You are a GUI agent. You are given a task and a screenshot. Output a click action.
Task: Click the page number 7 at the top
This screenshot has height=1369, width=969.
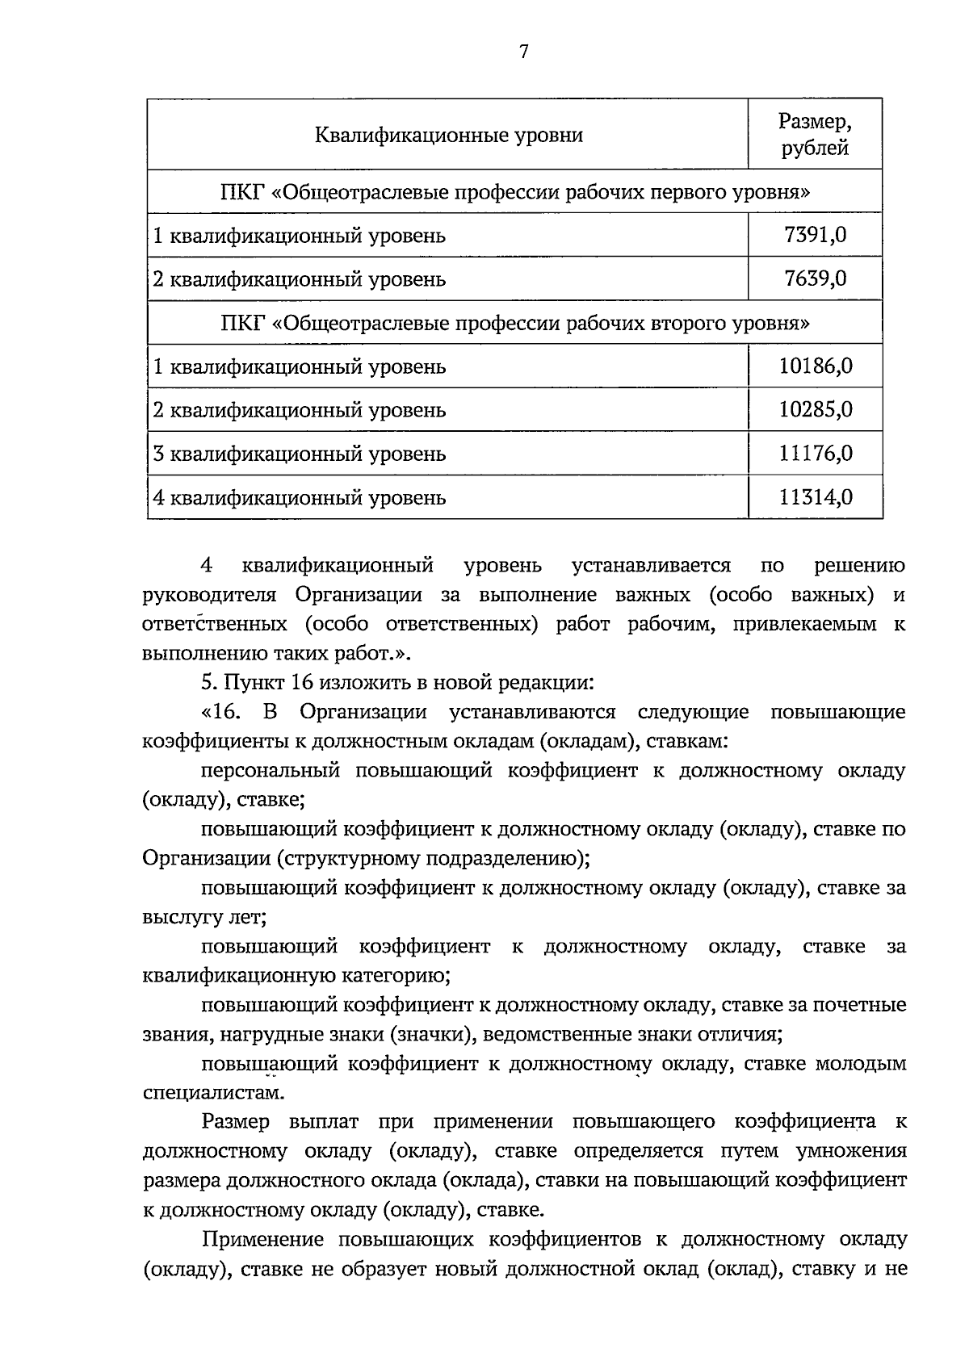pyautogui.click(x=523, y=52)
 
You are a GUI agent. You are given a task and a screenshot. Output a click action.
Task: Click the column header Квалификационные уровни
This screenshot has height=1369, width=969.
pyautogui.click(x=448, y=135)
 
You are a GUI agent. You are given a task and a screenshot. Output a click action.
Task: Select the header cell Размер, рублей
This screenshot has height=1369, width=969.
pyautogui.click(x=815, y=135)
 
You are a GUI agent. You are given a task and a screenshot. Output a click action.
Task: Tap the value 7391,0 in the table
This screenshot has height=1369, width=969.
pyautogui.click(x=815, y=236)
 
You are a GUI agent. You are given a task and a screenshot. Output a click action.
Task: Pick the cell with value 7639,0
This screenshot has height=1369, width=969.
pyautogui.click(x=815, y=279)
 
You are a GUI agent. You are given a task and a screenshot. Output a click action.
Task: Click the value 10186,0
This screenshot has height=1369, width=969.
pyautogui.click(x=815, y=367)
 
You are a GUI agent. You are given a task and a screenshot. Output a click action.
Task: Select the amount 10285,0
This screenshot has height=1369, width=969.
pyautogui.click(x=815, y=410)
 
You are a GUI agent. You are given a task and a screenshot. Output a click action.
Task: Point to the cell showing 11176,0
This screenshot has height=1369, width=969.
pyautogui.click(x=815, y=454)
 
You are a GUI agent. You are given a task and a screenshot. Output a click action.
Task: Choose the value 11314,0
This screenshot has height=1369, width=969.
pyautogui.click(x=815, y=497)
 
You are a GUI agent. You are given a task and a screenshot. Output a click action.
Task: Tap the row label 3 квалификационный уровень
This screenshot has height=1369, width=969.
pyautogui.click(x=300, y=454)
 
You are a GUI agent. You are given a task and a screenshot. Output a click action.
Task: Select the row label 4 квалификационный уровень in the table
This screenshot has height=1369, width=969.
pyautogui.click(x=300, y=498)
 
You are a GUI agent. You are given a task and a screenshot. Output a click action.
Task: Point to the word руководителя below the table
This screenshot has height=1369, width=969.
pyautogui.click(x=209, y=596)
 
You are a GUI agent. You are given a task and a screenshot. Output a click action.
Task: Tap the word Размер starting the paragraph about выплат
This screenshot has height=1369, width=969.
pyautogui.click(x=236, y=1122)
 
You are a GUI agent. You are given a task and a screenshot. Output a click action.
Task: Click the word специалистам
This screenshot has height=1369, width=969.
pyautogui.click(x=213, y=1094)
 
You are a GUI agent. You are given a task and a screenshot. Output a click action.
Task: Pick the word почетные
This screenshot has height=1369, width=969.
pyautogui.click(x=858, y=1006)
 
